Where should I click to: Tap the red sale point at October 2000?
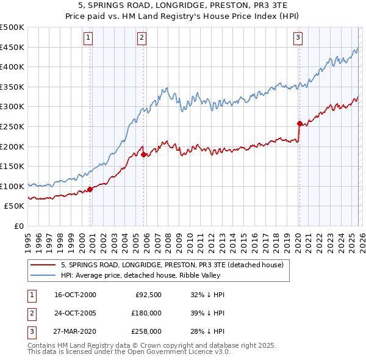[x=90, y=189]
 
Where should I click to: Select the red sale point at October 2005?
[x=144, y=154]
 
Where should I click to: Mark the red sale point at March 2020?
[x=300, y=123]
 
